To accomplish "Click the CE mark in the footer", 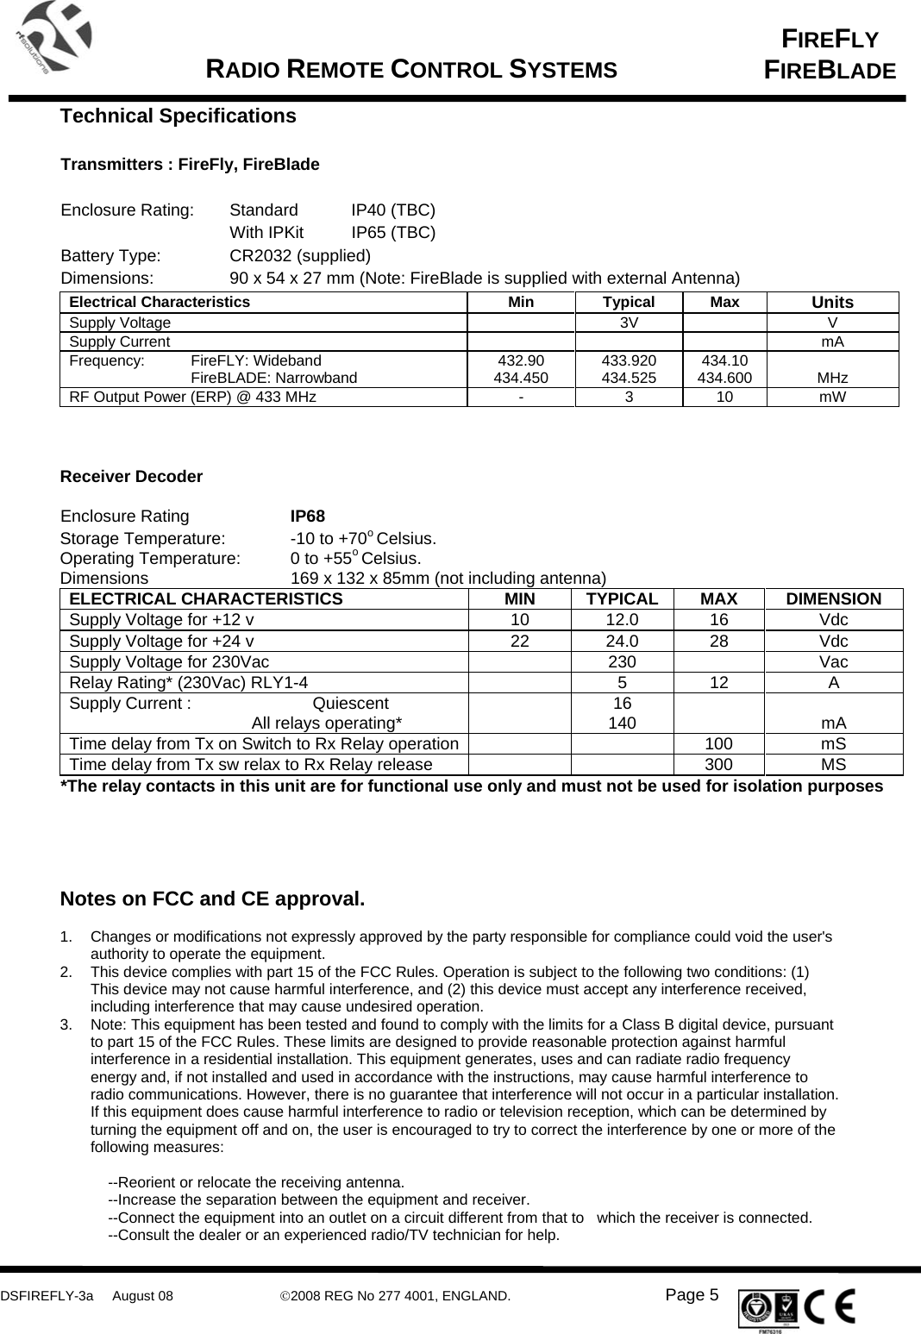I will pyautogui.click(x=832, y=1306).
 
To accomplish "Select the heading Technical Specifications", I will pyautogui.click(x=178, y=116).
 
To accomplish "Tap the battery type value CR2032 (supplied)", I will pyautogui.click(x=300, y=256).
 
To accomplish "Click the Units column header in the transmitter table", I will pyautogui.click(x=832, y=303).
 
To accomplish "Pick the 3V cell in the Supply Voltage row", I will pyautogui.click(x=629, y=323).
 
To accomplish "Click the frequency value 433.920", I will pyautogui.click(x=629, y=361).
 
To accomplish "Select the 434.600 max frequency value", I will pyautogui.click(x=724, y=378).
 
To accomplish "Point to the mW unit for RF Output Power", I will pyautogui.click(x=832, y=398).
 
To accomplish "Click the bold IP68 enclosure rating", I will pyautogui.click(x=308, y=517).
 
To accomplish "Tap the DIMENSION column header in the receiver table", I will pyautogui.click(x=833, y=599).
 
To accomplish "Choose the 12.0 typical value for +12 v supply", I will pyautogui.click(x=622, y=620).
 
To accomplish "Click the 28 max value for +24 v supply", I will pyautogui.click(x=719, y=642).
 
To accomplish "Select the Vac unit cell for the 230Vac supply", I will pyautogui.click(x=833, y=662).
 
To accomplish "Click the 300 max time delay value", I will pyautogui.click(x=719, y=765).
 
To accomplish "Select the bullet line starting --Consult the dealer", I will pyautogui.click(x=333, y=1236).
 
